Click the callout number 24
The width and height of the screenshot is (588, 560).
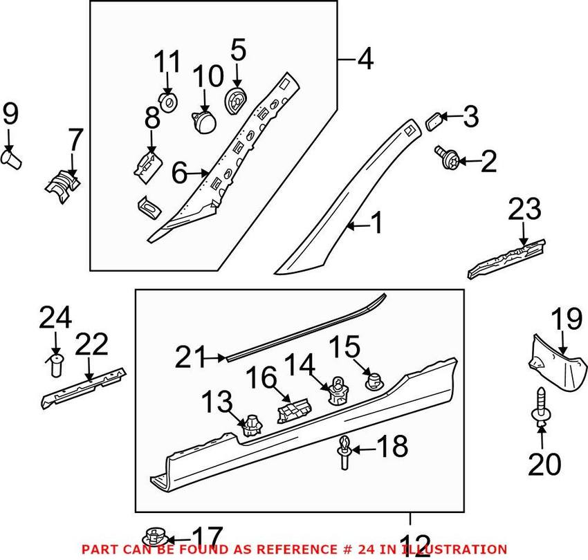coord(55,319)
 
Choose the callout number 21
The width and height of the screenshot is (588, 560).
coord(191,357)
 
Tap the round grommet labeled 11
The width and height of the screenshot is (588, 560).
coord(167,104)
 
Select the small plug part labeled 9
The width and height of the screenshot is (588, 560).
coord(12,160)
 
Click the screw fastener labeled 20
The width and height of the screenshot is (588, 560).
coord(541,405)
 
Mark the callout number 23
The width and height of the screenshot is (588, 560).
coord(528,210)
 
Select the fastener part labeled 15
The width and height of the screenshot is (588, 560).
coord(374,380)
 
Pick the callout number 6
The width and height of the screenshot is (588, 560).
coord(179,174)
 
